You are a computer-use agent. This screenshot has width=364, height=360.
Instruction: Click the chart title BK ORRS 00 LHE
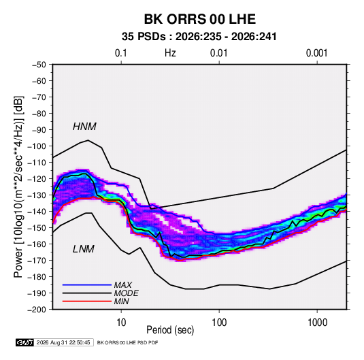200,19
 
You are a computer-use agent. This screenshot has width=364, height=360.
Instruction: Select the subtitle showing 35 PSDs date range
199,37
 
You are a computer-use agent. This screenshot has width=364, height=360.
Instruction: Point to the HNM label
84,127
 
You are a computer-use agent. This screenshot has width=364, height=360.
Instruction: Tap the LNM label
84,249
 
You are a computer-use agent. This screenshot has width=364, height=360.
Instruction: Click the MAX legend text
122,285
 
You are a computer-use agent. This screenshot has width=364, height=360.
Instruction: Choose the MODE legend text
126,293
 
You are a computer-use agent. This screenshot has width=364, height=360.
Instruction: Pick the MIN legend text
121,301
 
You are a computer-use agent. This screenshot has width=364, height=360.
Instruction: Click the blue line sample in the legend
87,285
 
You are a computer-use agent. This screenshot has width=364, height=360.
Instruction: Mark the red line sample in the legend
87,301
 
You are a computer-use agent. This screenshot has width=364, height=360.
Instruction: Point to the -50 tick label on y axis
39,65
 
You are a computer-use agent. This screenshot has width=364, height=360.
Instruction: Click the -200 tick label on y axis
37,310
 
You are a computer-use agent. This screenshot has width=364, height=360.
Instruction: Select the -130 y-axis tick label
37,195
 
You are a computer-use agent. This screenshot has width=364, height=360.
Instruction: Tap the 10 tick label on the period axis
121,323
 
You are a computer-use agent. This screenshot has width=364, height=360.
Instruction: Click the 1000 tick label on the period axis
317,323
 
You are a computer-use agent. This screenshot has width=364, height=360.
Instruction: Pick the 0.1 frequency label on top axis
121,53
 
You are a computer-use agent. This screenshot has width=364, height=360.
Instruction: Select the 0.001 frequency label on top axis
317,53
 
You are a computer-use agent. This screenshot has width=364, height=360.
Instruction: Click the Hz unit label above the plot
170,53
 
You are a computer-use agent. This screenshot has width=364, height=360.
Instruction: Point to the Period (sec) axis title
170,330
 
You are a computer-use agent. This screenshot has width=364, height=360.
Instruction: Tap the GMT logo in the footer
25,342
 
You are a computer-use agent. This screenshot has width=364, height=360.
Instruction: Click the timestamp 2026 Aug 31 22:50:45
63,342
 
